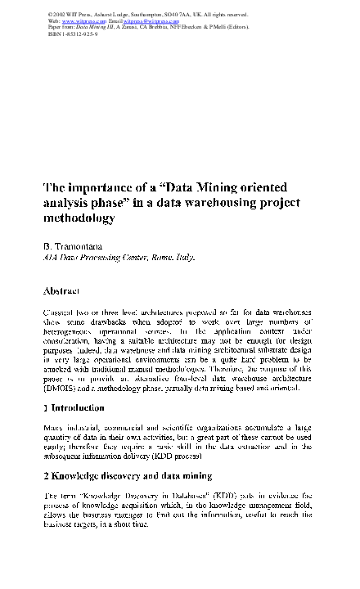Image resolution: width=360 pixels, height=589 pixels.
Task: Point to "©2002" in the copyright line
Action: tap(59, 14)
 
